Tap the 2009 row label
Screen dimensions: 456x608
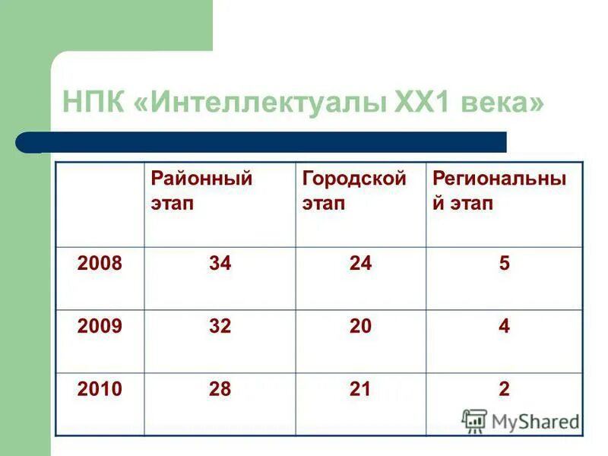point(100,327)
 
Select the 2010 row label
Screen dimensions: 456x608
point(100,390)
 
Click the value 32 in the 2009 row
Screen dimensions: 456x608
point(220,327)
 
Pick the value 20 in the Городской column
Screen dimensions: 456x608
point(361,327)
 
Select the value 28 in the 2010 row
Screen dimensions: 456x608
point(220,390)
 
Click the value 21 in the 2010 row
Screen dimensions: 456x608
point(361,390)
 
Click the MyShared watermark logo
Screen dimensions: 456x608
point(521,420)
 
